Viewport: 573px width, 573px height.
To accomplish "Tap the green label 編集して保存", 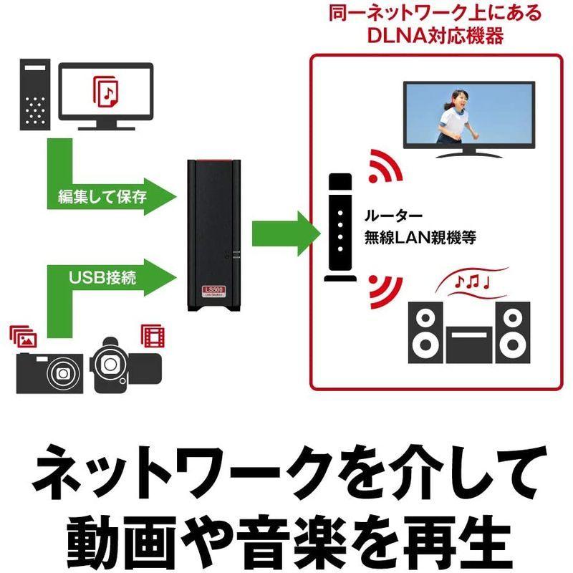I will coord(98,196).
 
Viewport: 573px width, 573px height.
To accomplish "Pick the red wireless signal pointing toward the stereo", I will coord(380,288).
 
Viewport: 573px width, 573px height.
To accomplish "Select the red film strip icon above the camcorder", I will coord(152,334).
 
